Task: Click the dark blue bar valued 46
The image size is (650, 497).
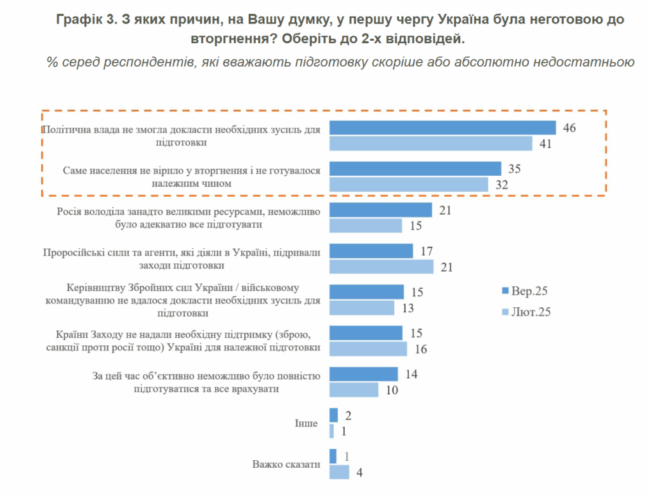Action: (442, 128)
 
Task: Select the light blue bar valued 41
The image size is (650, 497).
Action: (430, 143)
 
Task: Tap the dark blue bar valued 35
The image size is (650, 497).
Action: (415, 168)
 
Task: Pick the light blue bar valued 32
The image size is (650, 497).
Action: (409, 185)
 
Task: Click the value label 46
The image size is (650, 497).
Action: (569, 128)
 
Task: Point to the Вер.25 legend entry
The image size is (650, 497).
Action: (525, 291)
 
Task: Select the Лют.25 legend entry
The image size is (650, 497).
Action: (525, 312)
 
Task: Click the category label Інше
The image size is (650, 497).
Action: (306, 423)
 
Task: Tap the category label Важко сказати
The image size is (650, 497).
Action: (286, 464)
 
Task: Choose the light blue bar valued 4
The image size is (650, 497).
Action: (339, 472)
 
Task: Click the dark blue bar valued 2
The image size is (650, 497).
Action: (333, 415)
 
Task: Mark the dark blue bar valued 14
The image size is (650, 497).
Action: (364, 374)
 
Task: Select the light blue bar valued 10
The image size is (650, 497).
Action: (354, 390)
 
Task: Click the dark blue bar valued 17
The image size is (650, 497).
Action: (371, 251)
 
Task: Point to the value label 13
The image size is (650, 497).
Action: (409, 308)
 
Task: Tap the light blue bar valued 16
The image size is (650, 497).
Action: (368, 349)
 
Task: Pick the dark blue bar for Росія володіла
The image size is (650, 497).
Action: (381, 209)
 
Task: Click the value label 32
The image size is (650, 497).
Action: (501, 185)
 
